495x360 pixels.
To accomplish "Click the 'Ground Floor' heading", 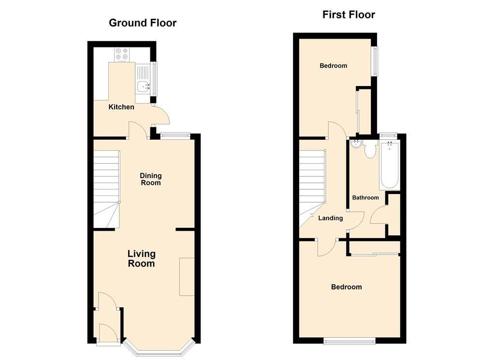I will click(143, 23).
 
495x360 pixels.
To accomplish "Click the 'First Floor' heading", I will click(349, 15).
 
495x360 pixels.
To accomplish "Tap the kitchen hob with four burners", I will click(122, 55).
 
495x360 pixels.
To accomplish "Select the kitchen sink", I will click(143, 87).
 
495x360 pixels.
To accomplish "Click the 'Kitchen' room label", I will click(121, 107).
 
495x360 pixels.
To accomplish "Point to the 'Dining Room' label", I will click(151, 179).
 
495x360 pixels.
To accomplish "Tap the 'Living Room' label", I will click(141, 258).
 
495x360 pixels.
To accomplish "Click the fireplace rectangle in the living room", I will click(187, 276).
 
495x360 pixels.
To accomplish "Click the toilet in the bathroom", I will click(370, 150).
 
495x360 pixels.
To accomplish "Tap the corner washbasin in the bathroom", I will click(356, 144).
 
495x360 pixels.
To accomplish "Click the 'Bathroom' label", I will click(365, 197).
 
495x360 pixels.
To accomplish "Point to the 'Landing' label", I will click(331, 218).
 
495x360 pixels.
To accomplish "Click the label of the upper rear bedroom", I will click(334, 66).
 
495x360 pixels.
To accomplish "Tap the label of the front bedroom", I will click(346, 287).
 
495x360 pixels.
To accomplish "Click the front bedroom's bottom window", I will click(350, 342).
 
